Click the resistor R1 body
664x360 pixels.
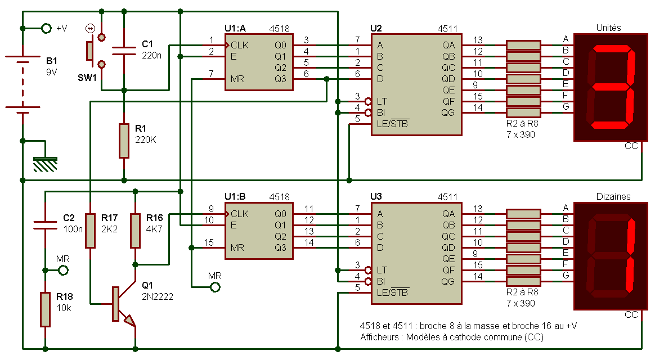click(x=124, y=141)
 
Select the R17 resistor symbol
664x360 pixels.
click(x=90, y=231)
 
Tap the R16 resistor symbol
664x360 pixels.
click(x=135, y=231)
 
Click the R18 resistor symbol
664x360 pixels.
click(x=46, y=309)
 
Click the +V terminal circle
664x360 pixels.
click(x=46, y=28)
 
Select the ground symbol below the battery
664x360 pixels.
click(x=46, y=164)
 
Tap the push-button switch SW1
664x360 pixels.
click(x=95, y=51)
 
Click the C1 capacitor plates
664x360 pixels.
click(x=124, y=51)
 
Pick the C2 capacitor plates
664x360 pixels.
click(x=46, y=225)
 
